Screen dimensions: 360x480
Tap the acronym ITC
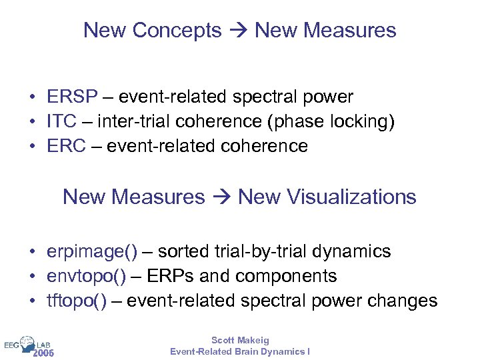click(x=61, y=121)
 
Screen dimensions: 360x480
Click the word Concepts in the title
click(x=177, y=30)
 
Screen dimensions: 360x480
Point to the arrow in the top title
click(x=238, y=31)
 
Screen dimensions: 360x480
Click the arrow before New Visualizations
click(x=221, y=197)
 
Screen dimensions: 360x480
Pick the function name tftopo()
click(x=77, y=301)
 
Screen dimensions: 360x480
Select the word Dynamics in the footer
click(x=278, y=351)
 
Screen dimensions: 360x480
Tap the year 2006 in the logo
click(x=43, y=353)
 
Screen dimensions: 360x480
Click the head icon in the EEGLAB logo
click(x=29, y=344)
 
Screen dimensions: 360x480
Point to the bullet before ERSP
click(x=32, y=97)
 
